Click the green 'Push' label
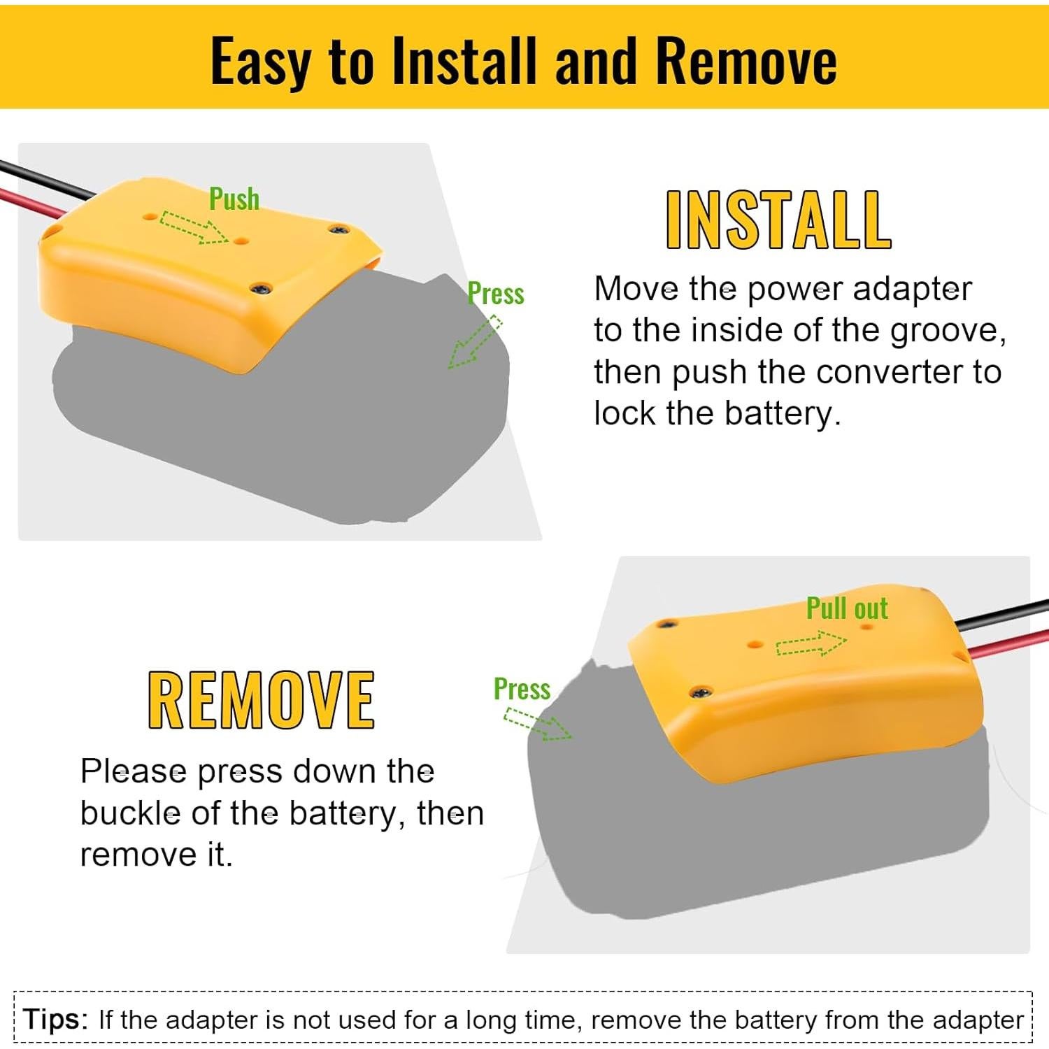[234, 199]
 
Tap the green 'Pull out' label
[847, 608]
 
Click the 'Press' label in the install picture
[496, 294]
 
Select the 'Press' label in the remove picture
[522, 689]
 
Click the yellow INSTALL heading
[778, 220]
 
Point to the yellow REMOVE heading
[261, 700]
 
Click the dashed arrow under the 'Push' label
[194, 227]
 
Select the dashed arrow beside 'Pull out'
[811, 643]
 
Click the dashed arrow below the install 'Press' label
[475, 342]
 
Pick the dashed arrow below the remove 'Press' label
[537, 725]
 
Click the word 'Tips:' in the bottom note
[55, 1019]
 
